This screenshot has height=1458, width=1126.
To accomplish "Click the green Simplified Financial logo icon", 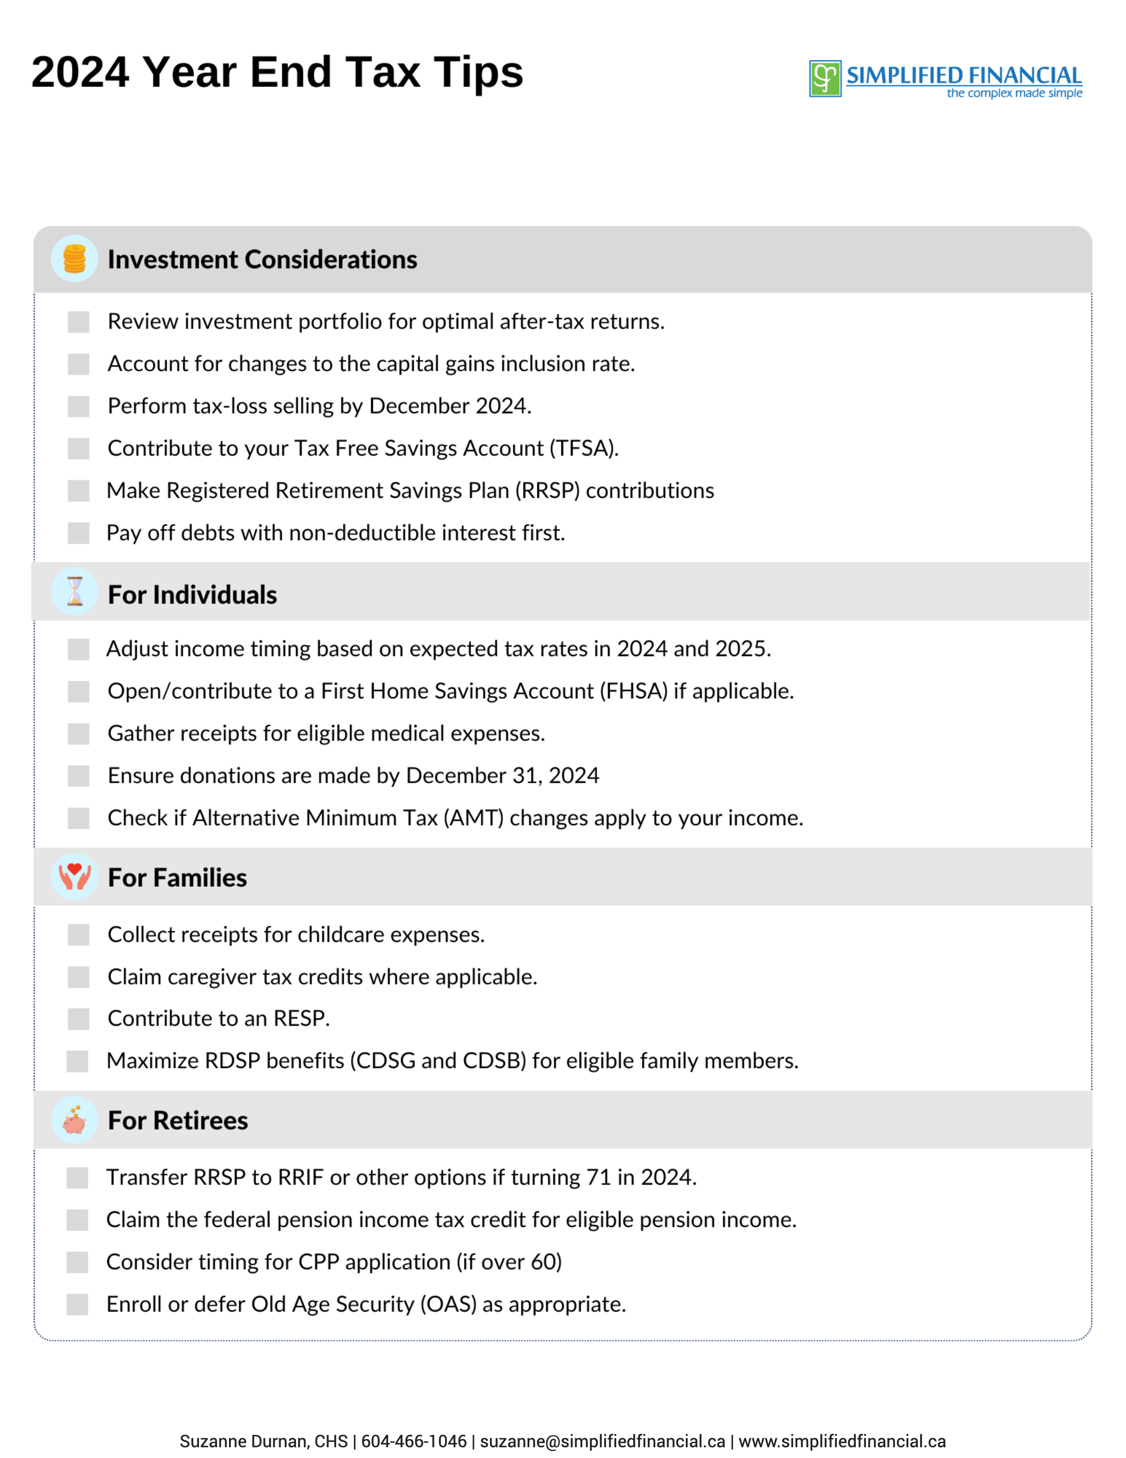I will tap(825, 79).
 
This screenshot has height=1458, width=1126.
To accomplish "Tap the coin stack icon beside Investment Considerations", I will tap(75, 259).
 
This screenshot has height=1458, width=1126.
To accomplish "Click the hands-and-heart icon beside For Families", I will tap(75, 877).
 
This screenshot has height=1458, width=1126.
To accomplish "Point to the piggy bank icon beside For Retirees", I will tap(75, 1120).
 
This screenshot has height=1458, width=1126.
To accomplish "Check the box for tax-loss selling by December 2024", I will tap(78, 406).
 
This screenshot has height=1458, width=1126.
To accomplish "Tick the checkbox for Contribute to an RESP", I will tap(78, 1019).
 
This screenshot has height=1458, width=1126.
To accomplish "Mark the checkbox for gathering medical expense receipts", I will tap(78, 734).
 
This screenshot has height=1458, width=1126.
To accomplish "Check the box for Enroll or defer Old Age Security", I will tap(77, 1305).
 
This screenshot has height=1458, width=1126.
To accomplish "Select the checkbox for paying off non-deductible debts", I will tap(78, 533).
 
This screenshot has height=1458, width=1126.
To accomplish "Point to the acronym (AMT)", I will tap(474, 819).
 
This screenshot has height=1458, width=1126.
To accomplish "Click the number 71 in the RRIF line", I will tap(599, 1177).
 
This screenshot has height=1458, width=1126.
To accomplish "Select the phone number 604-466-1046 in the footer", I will tap(414, 1441).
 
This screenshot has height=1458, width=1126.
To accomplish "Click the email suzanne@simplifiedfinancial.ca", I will tap(602, 1441).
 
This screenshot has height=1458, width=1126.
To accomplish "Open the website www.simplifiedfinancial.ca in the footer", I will tap(842, 1441).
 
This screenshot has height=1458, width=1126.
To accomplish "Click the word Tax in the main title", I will tap(382, 72).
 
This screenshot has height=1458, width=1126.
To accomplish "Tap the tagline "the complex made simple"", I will tap(1014, 93).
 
